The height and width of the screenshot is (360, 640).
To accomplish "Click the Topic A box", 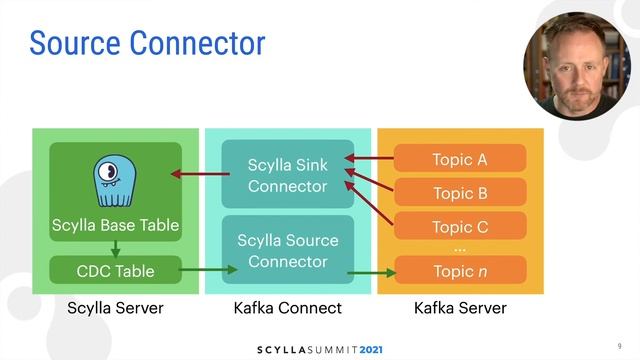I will pos(460,159).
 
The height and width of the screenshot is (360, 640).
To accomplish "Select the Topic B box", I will pos(460,193).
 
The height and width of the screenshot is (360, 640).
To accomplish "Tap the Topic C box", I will pos(460,227).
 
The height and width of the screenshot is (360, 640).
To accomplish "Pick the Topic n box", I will pos(460,271).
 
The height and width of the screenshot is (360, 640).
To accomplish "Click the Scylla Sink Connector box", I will pos(287,174).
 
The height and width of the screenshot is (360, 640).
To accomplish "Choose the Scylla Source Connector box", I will pos(287,250).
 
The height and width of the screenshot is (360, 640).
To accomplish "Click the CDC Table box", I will pos(115,271).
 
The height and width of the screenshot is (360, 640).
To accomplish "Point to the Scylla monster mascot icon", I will pos(115,181).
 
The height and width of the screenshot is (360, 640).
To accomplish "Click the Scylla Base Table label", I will pos(115,225).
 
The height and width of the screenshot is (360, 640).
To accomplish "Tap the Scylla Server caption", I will pos(115,309).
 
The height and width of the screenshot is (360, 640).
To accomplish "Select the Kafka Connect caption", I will pos(287,309).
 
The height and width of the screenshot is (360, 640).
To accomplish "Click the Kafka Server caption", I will pos(460,309).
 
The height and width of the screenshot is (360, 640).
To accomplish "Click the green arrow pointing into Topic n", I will pos(374,272).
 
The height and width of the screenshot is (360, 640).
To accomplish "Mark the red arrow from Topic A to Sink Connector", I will pos(374,158).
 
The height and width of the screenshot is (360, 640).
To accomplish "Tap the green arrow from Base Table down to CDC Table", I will pos(115,247).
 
